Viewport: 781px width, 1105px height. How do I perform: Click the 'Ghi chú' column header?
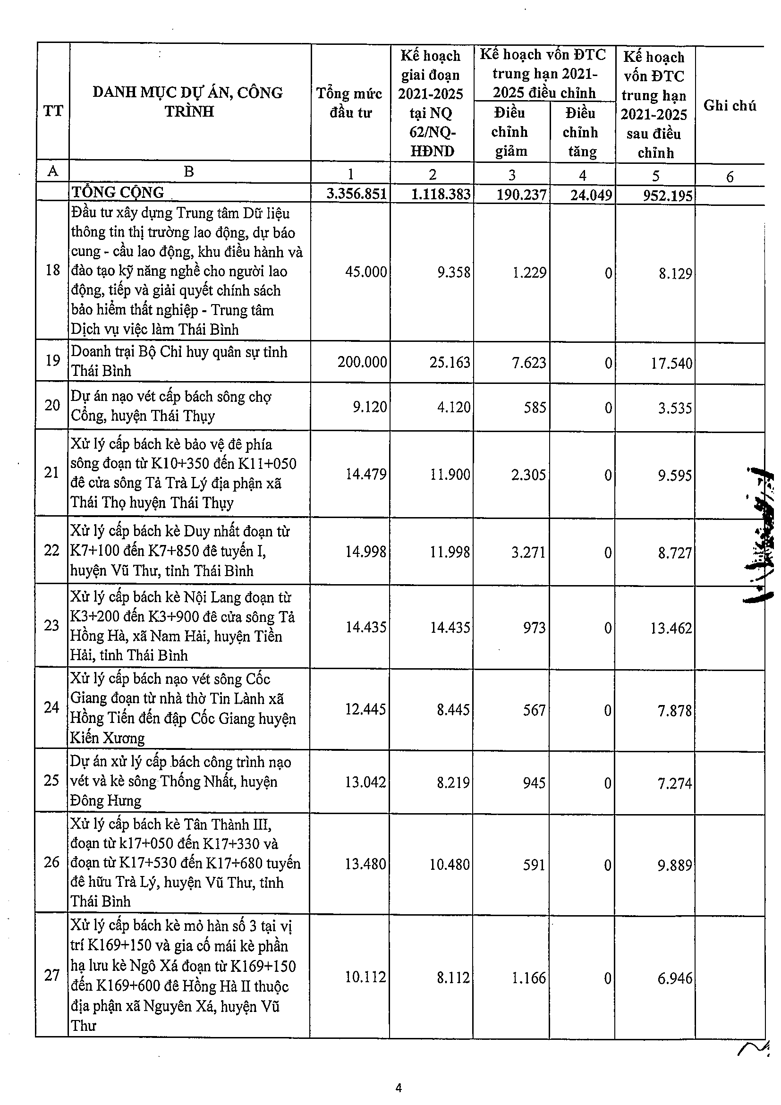pos(729,105)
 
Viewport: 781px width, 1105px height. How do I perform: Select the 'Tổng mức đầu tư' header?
pos(349,102)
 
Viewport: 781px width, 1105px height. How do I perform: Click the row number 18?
pos(52,271)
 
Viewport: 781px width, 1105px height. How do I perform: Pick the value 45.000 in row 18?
pos(366,272)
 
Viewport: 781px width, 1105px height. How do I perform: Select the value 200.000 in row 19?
pos(362,362)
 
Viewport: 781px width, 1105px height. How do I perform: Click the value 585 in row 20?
pos(535,408)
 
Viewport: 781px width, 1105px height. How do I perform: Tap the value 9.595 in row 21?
pos(675,476)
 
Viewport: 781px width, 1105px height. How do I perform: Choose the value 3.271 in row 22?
pos(528,552)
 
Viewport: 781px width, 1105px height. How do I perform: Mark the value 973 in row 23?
pos(534,628)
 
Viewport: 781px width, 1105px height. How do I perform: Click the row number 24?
pos(51,707)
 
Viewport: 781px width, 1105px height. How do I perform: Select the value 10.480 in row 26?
pos(450,864)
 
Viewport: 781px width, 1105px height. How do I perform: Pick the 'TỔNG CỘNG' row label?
pos(118,193)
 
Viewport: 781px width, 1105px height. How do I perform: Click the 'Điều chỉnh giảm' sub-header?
pos(510,132)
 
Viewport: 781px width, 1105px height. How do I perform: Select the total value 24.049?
pos(591,195)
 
